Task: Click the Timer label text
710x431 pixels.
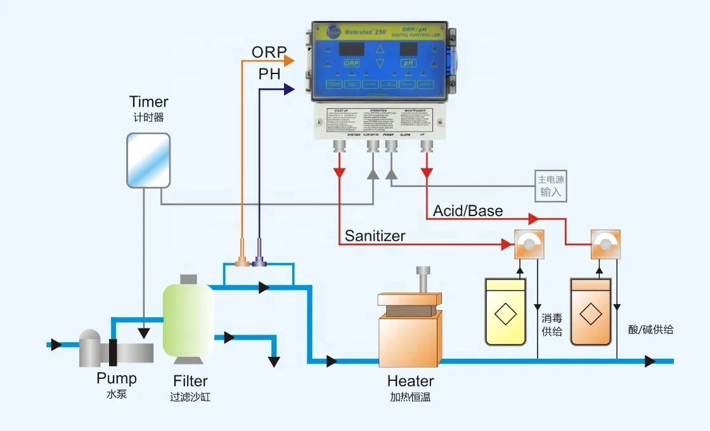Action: click(149, 102)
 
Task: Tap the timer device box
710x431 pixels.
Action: click(148, 160)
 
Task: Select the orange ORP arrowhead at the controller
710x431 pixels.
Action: click(290, 61)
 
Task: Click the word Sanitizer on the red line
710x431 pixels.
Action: click(375, 236)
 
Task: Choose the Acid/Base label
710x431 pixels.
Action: click(468, 210)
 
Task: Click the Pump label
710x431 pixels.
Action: click(116, 379)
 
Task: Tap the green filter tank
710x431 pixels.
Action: click(188, 320)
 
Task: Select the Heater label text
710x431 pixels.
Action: click(411, 382)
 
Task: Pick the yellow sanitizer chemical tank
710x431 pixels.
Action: click(505, 312)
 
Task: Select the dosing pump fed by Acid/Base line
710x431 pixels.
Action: click(605, 245)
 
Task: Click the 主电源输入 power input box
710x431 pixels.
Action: click(550, 186)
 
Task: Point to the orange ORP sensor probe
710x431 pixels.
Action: click(242, 257)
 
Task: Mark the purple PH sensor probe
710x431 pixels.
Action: click(259, 257)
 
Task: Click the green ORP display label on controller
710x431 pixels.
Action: click(351, 63)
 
